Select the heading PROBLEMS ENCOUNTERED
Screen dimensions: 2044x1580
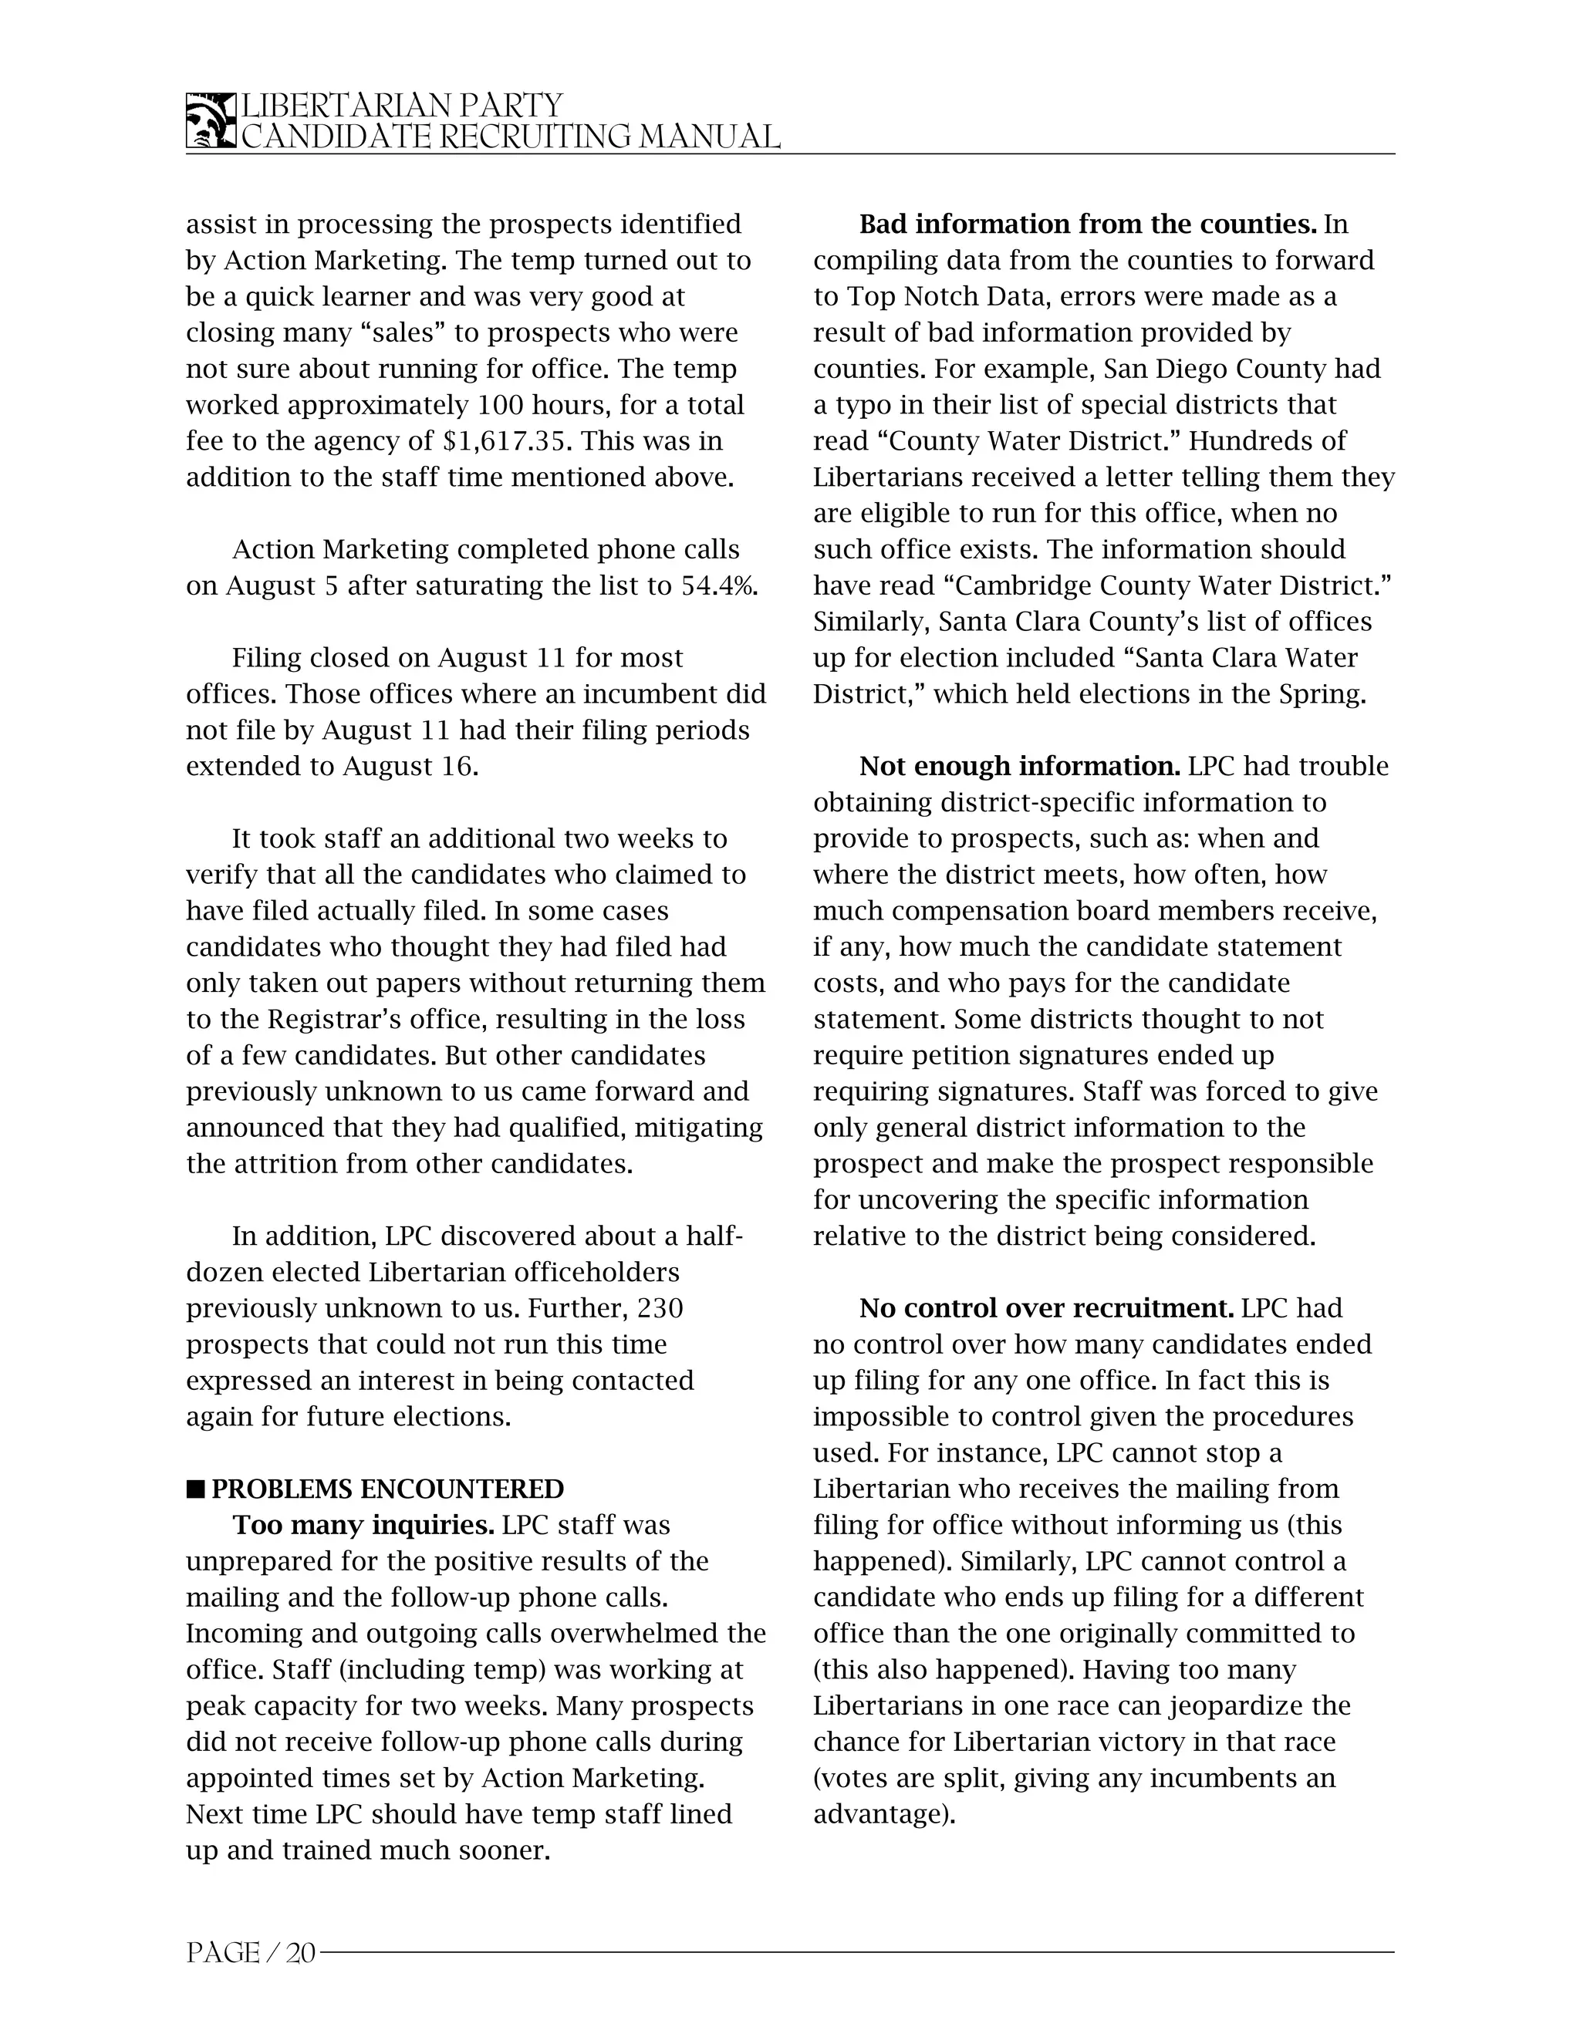point(387,1489)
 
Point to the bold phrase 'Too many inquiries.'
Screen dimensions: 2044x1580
point(363,1526)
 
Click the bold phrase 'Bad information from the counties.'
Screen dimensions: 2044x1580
point(1088,224)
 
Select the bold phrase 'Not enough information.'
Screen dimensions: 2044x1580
point(1019,767)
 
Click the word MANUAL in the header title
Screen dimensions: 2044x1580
point(710,137)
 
